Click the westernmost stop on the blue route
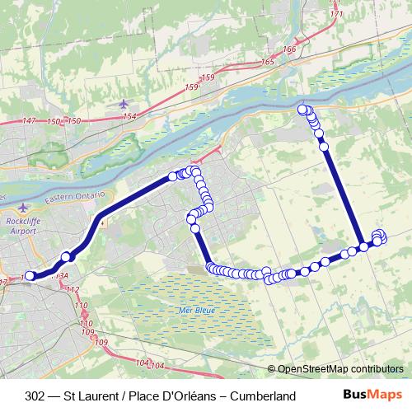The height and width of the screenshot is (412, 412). point(30,276)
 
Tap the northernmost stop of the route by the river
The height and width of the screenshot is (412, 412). point(302,109)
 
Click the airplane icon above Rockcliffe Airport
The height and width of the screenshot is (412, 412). point(24,208)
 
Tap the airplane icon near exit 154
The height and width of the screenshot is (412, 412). point(124,104)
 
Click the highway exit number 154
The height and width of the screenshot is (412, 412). point(129,116)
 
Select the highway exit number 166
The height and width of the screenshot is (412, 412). point(288,49)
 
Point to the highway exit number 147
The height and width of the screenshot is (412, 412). point(30,121)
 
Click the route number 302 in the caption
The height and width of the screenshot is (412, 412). point(35,396)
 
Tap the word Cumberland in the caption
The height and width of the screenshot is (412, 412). point(263,396)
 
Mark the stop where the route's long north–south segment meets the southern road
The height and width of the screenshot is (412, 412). point(363,246)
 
